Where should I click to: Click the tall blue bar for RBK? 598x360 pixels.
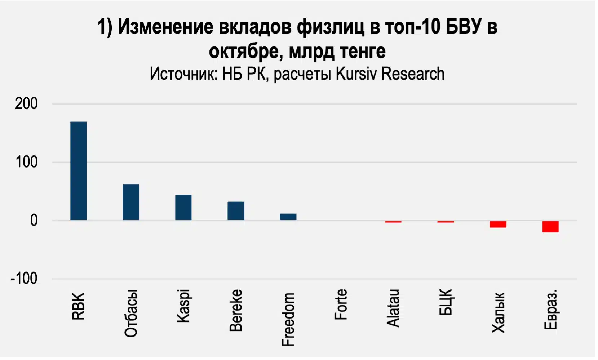coord(78,171)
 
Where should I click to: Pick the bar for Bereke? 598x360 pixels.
coord(236,211)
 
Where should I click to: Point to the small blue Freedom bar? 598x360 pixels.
coord(288,217)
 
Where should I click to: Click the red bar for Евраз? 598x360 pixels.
coord(550,227)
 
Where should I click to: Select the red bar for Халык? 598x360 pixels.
coord(498,224)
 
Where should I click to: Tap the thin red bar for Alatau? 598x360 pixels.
coord(393,222)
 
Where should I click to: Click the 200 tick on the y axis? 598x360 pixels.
coord(26,104)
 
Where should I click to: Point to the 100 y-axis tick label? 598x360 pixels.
coord(26,162)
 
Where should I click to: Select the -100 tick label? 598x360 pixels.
coord(24,279)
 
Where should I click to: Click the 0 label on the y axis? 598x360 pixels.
coord(34,221)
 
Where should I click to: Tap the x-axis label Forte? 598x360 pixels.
coord(341,305)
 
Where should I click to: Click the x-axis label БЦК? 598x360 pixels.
coord(446,302)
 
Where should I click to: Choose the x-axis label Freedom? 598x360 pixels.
coord(288,319)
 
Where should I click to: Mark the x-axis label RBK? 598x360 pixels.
coord(78,306)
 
